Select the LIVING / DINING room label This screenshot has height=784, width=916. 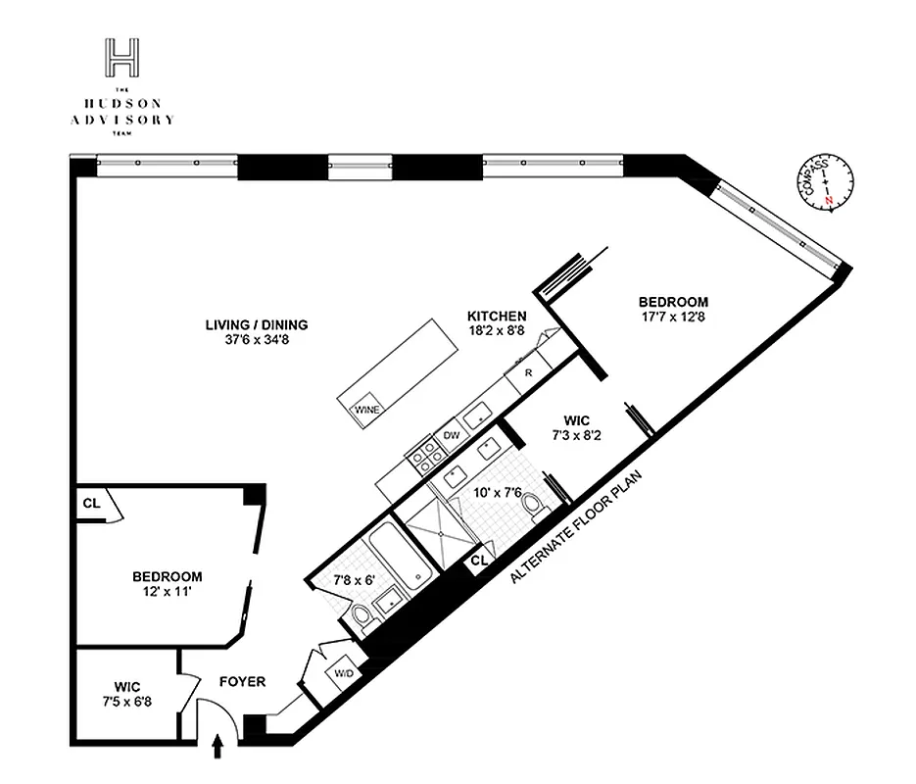point(257,324)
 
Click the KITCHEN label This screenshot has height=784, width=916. point(497,317)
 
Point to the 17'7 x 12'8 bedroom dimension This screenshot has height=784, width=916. point(672,318)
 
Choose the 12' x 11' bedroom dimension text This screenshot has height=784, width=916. point(167,594)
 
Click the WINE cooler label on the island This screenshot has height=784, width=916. point(367,409)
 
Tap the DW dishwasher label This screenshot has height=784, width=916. point(452,434)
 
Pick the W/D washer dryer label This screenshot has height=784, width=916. point(344,674)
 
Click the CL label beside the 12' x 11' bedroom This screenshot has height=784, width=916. point(91,503)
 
